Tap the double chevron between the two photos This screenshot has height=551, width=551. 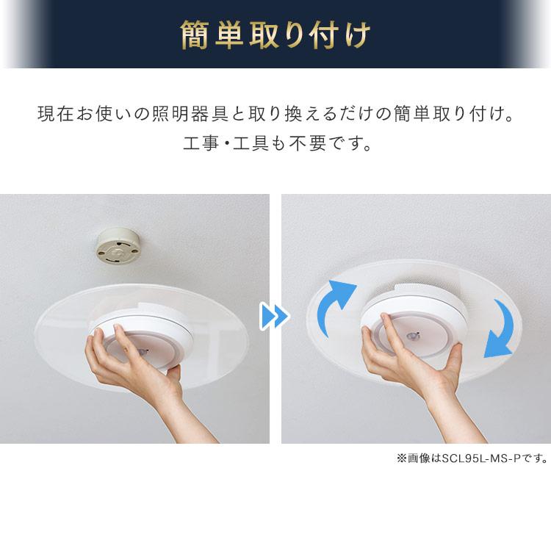point(275,317)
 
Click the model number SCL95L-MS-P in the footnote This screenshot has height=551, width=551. point(488,458)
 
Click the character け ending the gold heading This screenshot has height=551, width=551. point(356,35)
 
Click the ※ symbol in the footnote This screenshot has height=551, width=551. point(401,458)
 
